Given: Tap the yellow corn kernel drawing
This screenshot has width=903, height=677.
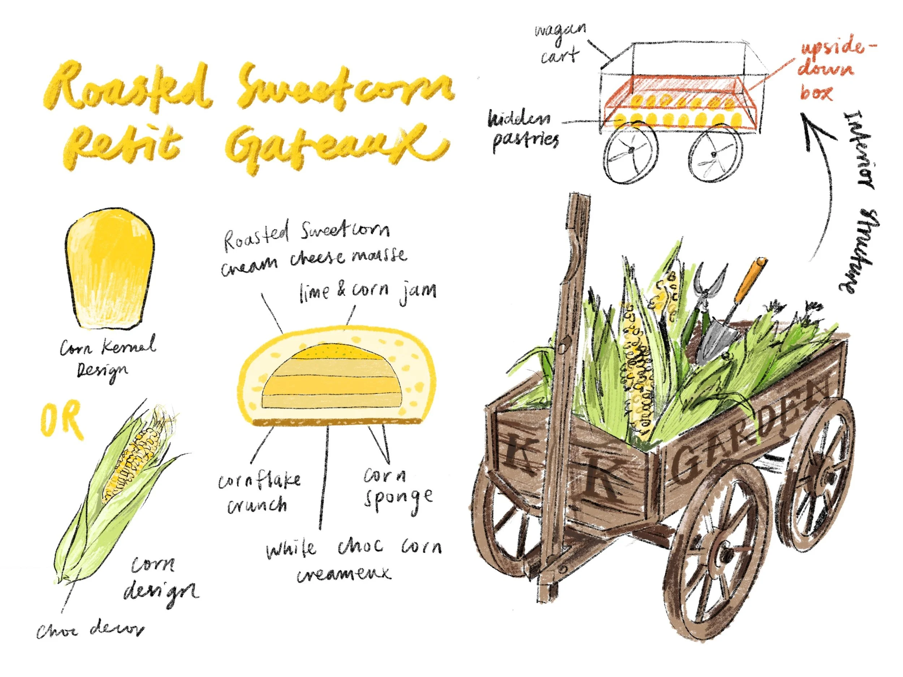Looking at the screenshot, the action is (x=110, y=269).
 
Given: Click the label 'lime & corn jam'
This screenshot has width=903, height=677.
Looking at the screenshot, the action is (x=367, y=291).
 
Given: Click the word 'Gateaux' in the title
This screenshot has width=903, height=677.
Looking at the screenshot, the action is (x=335, y=145).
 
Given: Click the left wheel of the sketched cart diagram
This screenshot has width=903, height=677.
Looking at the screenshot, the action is (x=631, y=151).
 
